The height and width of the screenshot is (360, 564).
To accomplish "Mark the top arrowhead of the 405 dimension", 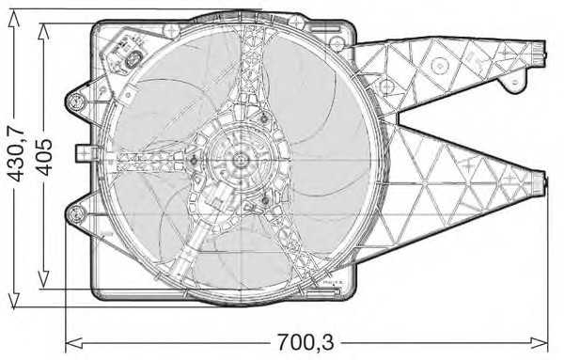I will (44, 25).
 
